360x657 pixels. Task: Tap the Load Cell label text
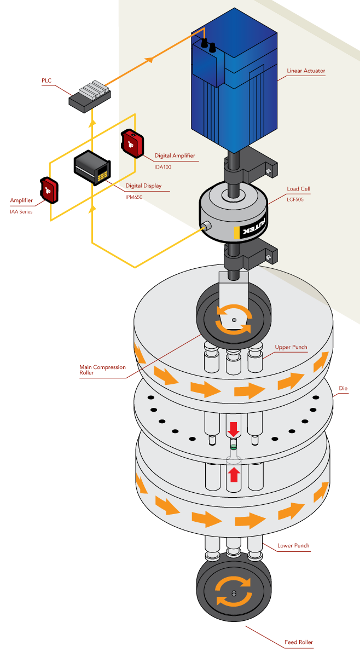pyautogui.click(x=299, y=189)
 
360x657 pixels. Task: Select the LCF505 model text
pyautogui.click(x=295, y=200)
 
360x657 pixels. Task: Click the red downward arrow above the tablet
pyautogui.click(x=234, y=429)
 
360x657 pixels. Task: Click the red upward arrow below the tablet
pyautogui.click(x=234, y=474)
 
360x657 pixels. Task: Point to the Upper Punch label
pyautogui.click(x=291, y=347)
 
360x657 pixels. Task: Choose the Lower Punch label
pyautogui.click(x=293, y=545)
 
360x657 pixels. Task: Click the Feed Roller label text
pyautogui.click(x=299, y=642)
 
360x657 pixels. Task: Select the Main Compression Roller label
pyautogui.click(x=102, y=370)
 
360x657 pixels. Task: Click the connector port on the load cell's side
pyautogui.click(x=207, y=226)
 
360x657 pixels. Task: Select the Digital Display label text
pyautogui.click(x=143, y=186)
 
